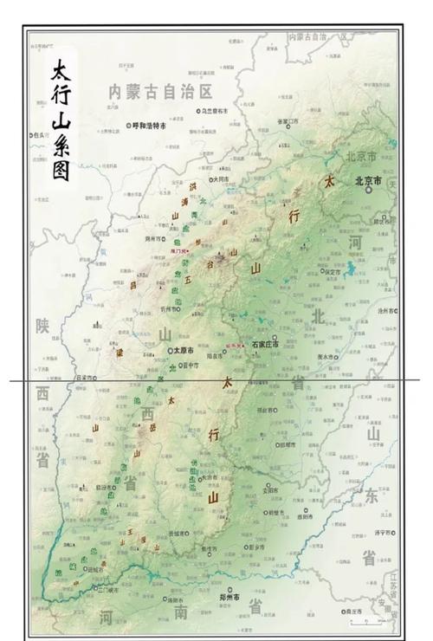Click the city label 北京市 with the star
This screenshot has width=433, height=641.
tap(368, 182)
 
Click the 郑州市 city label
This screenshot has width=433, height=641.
tap(228, 598)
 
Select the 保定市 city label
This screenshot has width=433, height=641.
tap(333, 271)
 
